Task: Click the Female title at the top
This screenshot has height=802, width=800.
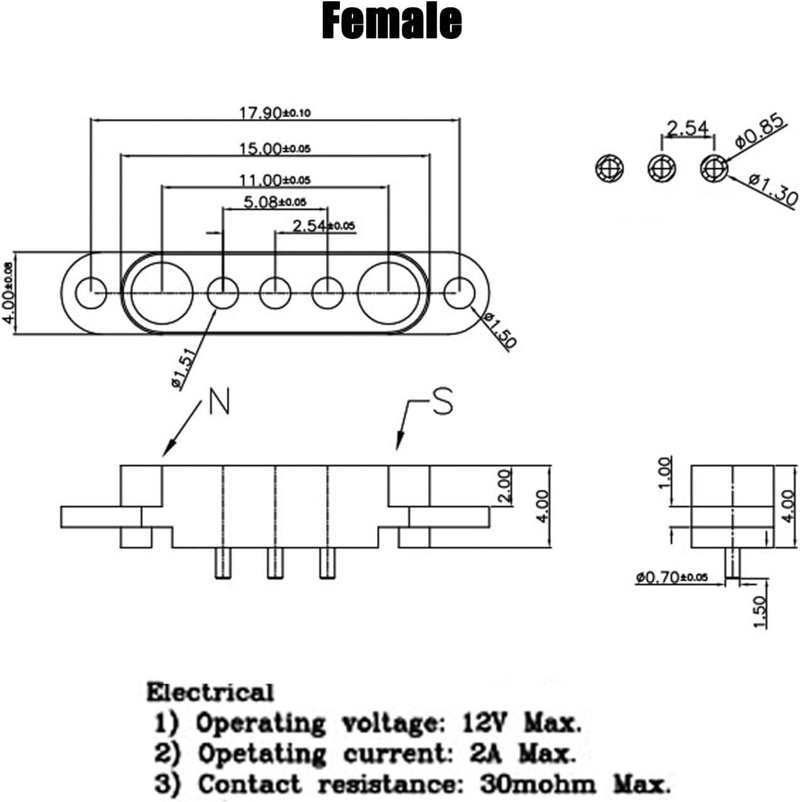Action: (x=392, y=20)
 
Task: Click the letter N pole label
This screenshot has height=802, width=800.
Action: (x=220, y=401)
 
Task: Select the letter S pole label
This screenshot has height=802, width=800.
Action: (x=442, y=401)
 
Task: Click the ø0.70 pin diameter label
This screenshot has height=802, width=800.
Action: (x=672, y=577)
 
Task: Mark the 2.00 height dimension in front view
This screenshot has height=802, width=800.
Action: (x=505, y=486)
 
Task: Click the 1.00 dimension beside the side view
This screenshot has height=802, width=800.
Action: (x=665, y=473)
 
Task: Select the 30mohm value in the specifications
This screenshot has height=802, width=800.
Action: (x=538, y=784)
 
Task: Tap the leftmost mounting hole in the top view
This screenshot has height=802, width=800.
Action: (x=91, y=293)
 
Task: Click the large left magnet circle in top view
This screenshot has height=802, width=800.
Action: (x=162, y=293)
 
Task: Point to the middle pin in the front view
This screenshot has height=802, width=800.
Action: (x=275, y=563)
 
